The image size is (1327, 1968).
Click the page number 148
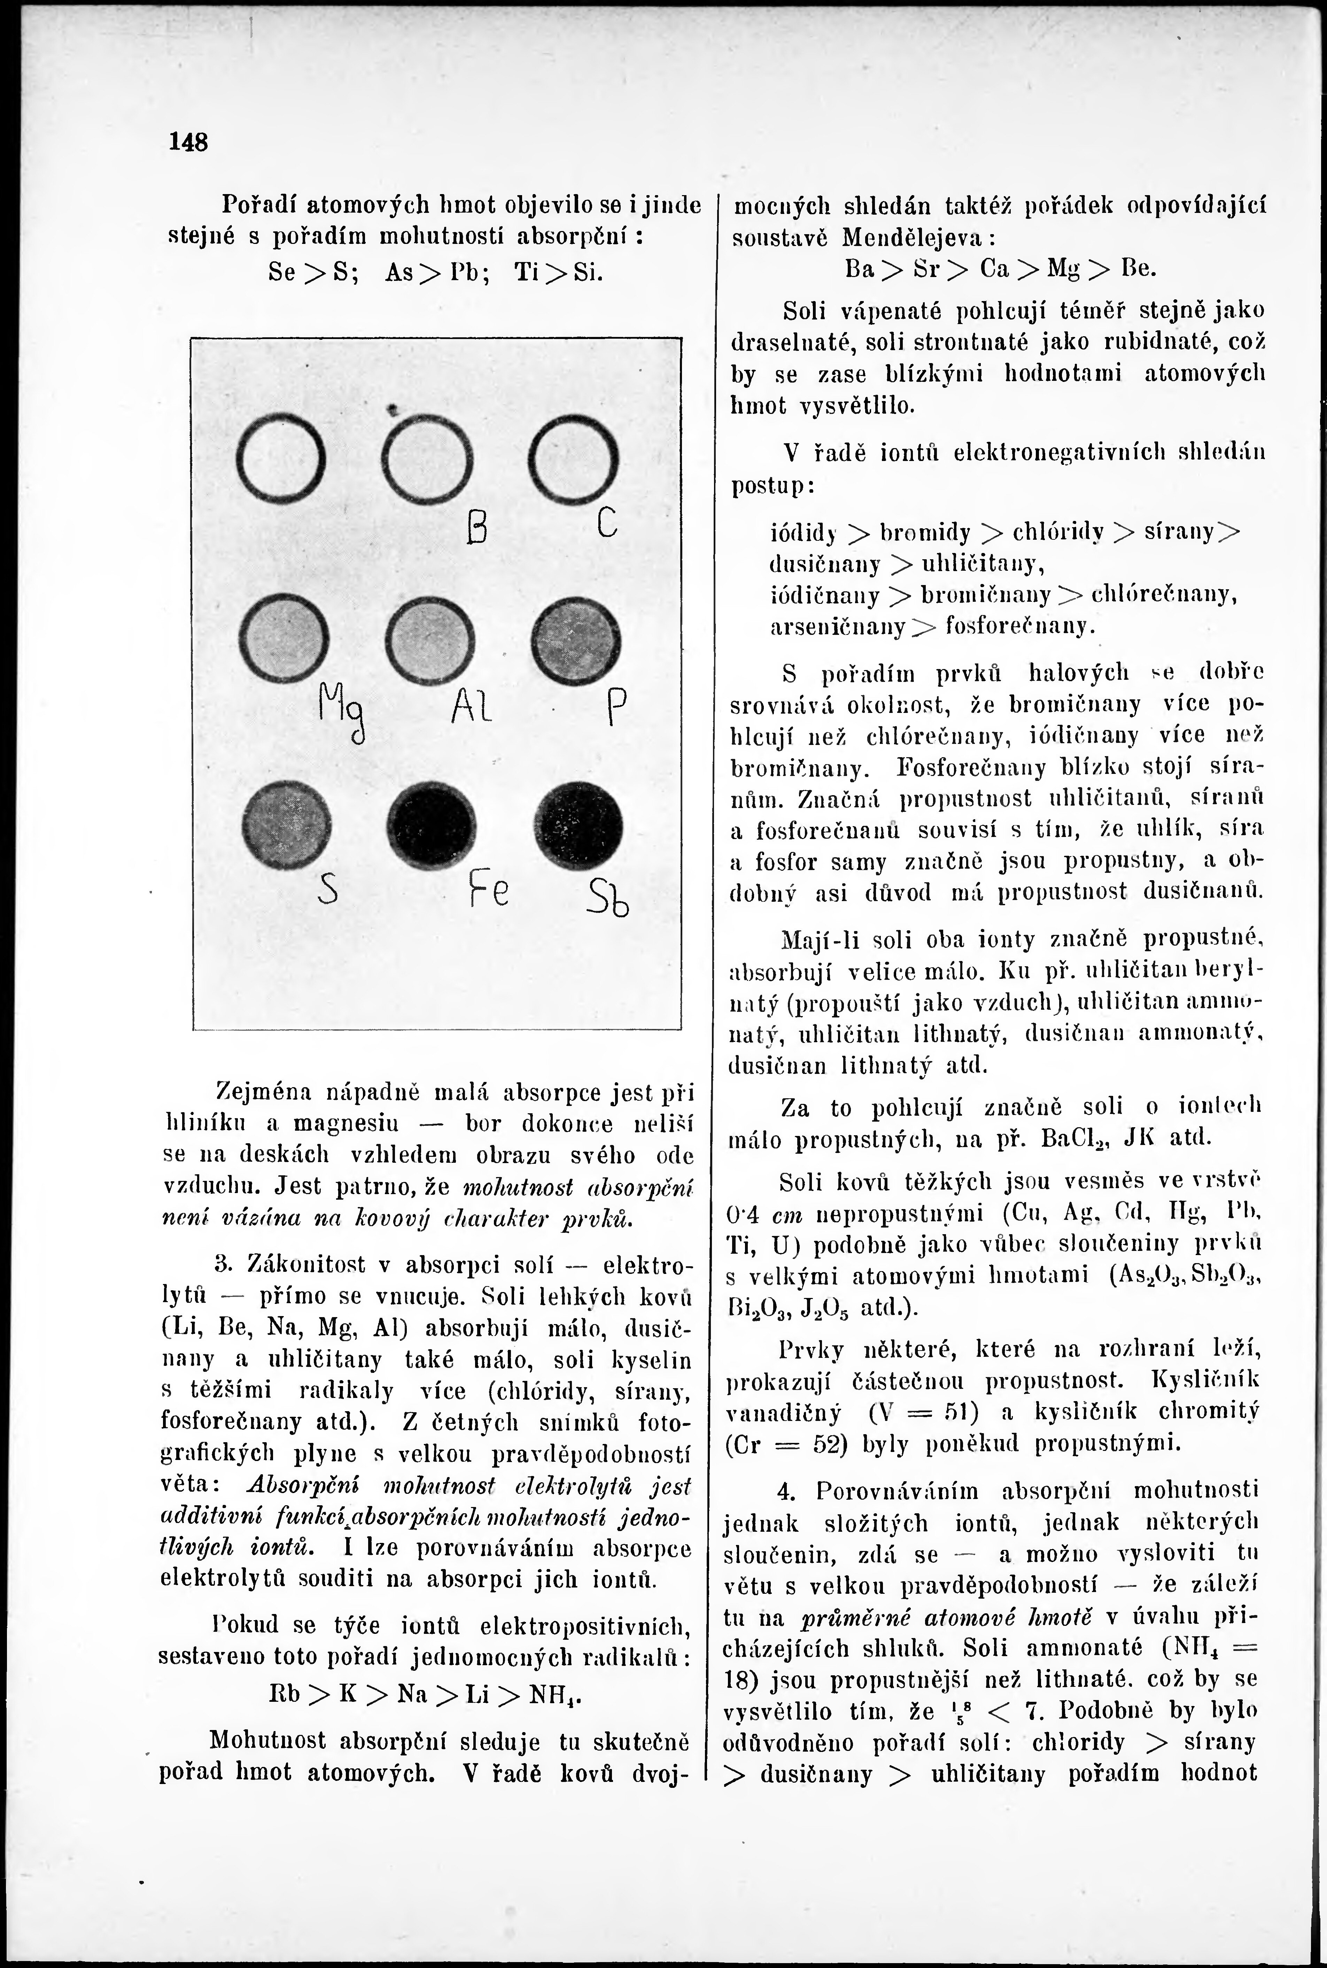click(x=188, y=141)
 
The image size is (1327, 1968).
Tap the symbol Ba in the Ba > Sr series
click(x=860, y=269)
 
